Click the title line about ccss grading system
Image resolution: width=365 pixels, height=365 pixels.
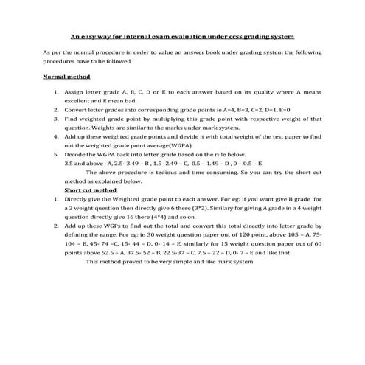click(x=181, y=35)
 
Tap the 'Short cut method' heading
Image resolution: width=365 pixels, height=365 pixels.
click(x=91, y=190)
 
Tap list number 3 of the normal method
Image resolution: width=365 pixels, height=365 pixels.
click(x=57, y=118)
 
